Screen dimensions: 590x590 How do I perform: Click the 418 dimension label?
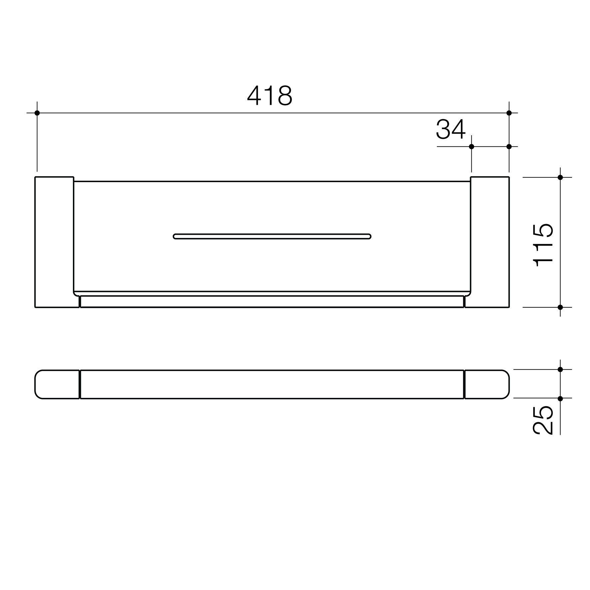[270, 96]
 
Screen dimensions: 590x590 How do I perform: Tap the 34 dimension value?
[451, 130]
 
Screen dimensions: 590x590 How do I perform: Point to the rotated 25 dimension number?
[543, 420]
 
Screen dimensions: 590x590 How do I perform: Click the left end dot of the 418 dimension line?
[37, 113]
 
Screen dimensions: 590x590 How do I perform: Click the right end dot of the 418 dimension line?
[509, 113]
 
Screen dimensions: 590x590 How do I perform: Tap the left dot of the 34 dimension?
[471, 147]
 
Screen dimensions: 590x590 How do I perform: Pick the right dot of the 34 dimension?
[509, 147]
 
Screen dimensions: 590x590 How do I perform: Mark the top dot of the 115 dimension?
[560, 177]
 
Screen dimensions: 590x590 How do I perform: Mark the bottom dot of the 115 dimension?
[560, 307]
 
